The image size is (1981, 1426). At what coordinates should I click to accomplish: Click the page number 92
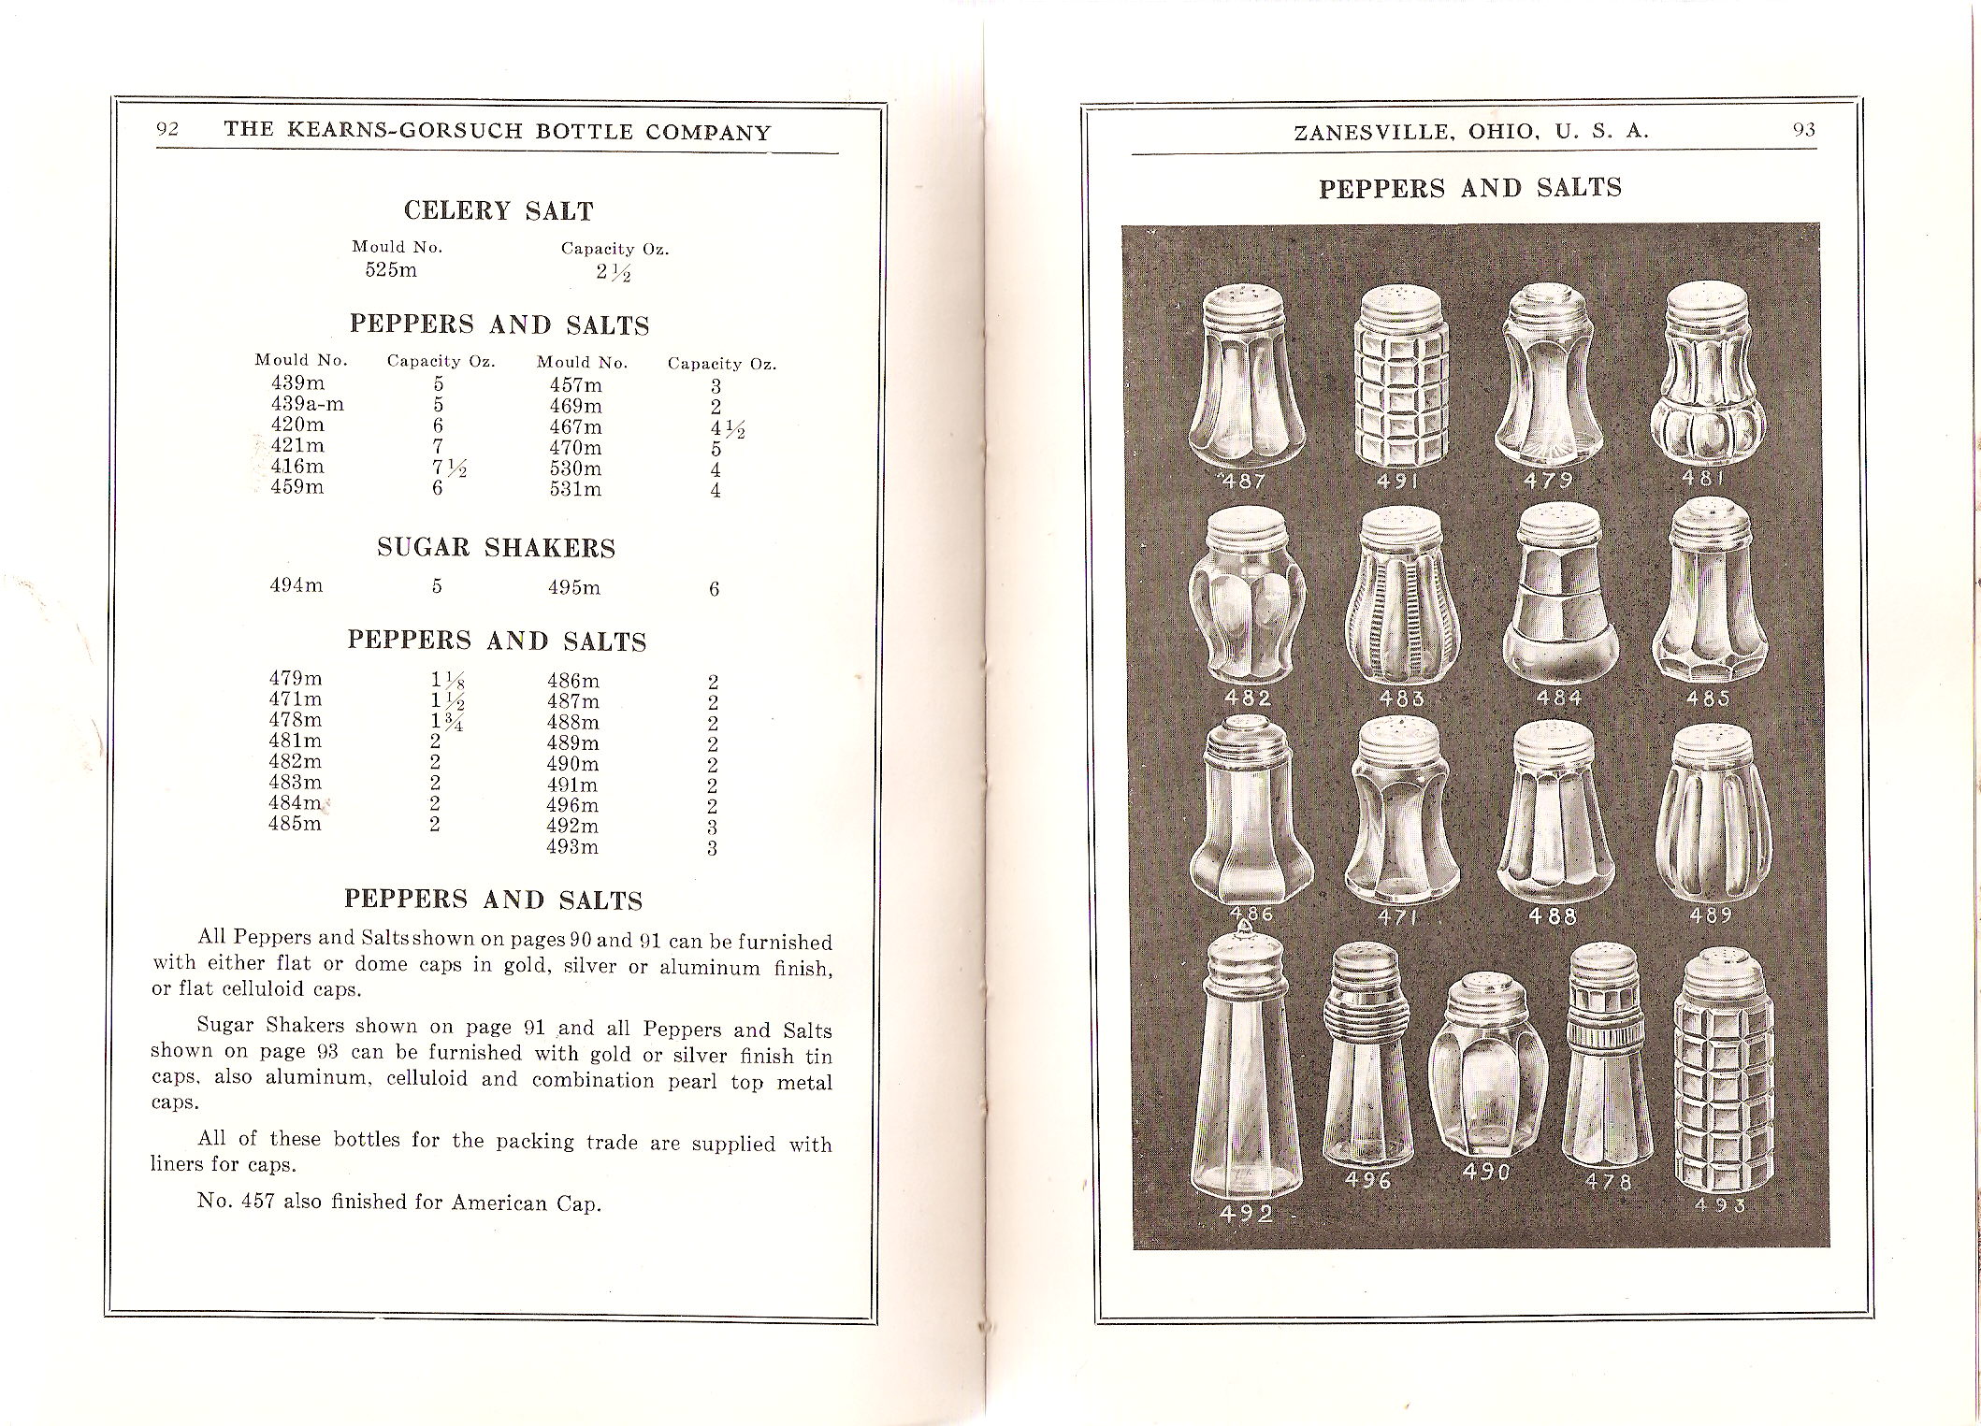[x=167, y=129]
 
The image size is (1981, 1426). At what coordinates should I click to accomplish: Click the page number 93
[x=1804, y=130]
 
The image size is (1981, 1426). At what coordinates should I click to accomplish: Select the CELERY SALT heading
[x=499, y=211]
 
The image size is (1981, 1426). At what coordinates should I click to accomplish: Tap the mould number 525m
[x=391, y=270]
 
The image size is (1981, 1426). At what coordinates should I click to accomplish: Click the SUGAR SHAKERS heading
[x=496, y=548]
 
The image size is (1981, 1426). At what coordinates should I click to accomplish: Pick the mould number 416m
[x=296, y=467]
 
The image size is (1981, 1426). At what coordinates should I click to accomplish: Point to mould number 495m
[x=573, y=588]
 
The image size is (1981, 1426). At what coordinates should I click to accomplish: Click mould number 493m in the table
[x=572, y=847]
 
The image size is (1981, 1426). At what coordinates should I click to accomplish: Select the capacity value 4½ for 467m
[x=726, y=429]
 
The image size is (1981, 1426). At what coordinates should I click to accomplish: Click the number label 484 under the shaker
[x=1559, y=698]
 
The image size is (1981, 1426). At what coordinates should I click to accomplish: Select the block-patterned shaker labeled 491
[x=1400, y=383]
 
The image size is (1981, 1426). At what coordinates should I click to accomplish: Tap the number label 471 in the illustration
[x=1398, y=918]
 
